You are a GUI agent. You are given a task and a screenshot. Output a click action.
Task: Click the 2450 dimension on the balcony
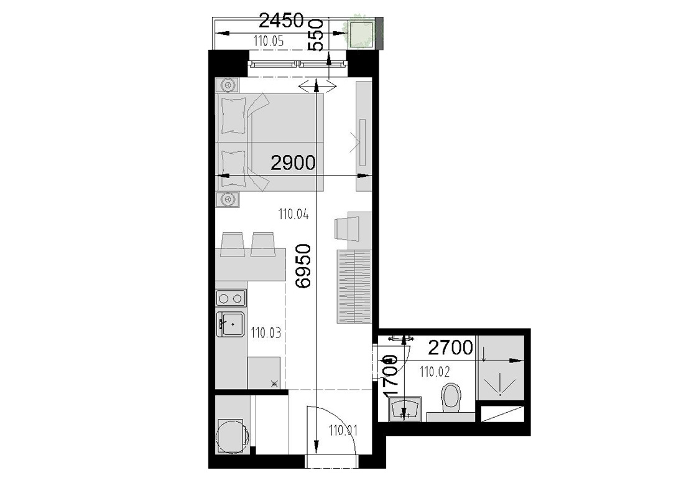[281, 21]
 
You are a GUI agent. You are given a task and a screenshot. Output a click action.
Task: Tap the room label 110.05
[269, 42]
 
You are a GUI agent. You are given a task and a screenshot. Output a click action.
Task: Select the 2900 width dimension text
[293, 163]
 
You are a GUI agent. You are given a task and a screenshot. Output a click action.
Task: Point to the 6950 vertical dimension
[303, 266]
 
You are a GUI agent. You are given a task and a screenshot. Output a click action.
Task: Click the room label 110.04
[293, 214]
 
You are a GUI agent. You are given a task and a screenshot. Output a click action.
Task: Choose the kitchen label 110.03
[266, 333]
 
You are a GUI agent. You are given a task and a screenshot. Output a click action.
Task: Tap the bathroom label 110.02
[435, 372]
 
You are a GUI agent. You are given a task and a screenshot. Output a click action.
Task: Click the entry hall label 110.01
[343, 431]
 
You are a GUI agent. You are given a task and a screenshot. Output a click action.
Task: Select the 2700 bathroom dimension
[450, 347]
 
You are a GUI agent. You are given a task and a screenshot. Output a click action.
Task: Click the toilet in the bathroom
[451, 400]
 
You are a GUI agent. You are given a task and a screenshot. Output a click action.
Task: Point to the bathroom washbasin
[405, 409]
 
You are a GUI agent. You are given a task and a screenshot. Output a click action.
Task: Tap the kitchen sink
[231, 324]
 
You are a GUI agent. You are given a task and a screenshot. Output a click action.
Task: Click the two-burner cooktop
[231, 299]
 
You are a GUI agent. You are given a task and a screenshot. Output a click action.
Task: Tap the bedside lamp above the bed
[228, 85]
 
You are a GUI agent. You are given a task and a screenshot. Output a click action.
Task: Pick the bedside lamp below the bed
[228, 199]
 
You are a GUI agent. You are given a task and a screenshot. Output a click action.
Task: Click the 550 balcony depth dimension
[316, 35]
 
